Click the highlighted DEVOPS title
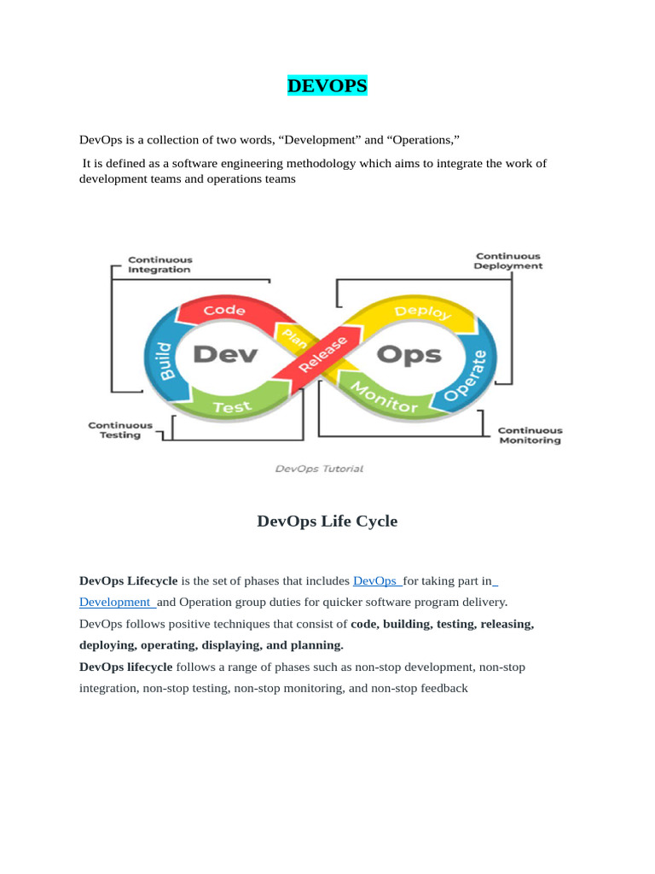pos(327,86)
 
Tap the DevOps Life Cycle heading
pos(327,521)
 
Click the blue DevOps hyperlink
pos(376,581)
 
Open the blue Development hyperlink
pos(115,602)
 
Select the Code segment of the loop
pos(224,311)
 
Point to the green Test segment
pos(232,407)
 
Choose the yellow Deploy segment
pos(423,312)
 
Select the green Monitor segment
pos(385,397)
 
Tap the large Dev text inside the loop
pos(224,354)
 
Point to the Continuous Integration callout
pos(159,265)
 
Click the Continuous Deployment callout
pos(508,261)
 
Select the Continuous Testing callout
pos(120,430)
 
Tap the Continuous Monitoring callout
pos(530,435)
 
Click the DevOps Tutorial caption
pos(319,469)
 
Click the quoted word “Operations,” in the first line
pos(424,139)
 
